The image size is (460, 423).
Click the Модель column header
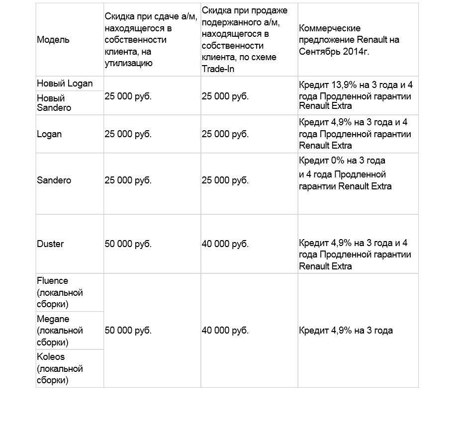(x=53, y=40)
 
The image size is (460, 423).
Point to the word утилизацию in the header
(x=128, y=63)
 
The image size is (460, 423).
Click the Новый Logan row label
(x=65, y=83)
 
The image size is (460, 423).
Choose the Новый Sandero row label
(x=54, y=103)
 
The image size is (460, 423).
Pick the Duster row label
(x=50, y=244)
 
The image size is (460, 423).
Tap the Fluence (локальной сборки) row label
(x=60, y=292)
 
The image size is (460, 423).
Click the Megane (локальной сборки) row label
(x=60, y=331)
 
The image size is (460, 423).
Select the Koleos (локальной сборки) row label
(x=60, y=369)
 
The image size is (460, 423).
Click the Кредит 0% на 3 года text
(x=342, y=161)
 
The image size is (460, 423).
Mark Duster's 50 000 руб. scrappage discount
(x=128, y=244)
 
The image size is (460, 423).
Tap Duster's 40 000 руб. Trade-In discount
(x=225, y=244)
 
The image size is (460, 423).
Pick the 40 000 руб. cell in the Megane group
(x=225, y=331)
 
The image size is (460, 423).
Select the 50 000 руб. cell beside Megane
(x=128, y=331)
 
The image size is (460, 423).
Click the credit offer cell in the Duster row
(x=355, y=254)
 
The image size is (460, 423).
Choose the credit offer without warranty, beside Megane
(x=346, y=331)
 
